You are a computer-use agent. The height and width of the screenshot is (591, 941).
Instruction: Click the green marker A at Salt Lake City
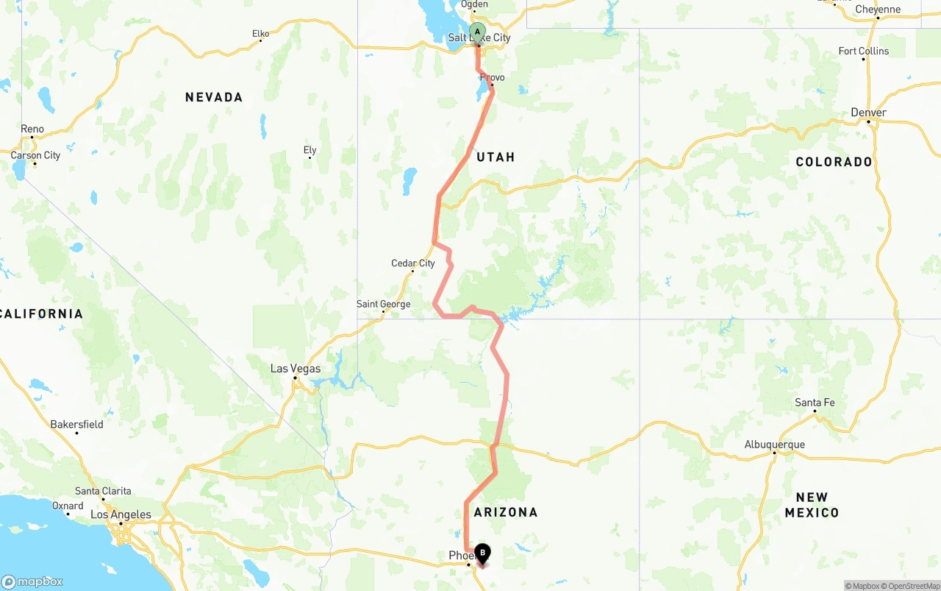pos(477,32)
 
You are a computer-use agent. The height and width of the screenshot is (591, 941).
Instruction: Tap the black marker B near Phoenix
pos(483,551)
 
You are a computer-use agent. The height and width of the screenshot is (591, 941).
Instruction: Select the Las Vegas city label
pos(296,369)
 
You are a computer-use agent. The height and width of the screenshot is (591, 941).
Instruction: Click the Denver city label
pos(868,113)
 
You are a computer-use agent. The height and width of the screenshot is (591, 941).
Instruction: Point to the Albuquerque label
pos(774,445)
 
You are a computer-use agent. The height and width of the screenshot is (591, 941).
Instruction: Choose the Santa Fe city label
pos(815,403)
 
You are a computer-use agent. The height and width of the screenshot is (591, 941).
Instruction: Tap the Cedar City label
pos(413,263)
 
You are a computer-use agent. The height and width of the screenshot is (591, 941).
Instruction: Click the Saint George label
pos(383,304)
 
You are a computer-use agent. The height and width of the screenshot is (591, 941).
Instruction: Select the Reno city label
pos(32,129)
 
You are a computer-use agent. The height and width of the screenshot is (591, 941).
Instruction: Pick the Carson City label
pos(35,155)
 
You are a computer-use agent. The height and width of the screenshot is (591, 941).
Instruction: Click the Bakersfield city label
pos(76,424)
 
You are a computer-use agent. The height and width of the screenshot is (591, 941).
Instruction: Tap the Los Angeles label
pos(121,514)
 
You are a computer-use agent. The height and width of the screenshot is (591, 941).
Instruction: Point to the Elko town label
pos(261,33)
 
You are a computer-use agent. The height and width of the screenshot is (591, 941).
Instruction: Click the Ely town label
pos(310,150)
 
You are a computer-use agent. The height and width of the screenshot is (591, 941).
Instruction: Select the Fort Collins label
pos(864,51)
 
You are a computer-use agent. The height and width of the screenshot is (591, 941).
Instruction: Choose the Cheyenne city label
pos(878,10)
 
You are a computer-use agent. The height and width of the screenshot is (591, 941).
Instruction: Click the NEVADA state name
pos(214,97)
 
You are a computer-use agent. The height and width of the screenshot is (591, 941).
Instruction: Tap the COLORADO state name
pos(834,162)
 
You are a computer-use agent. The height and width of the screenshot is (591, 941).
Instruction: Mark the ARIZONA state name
pos(506,512)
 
